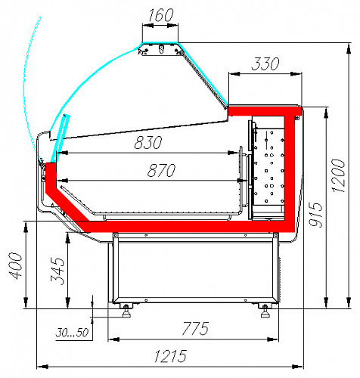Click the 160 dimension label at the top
[161, 15]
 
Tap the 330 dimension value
[265, 64]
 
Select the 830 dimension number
[148, 142]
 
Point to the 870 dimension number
[161, 170]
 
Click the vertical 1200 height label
[338, 176]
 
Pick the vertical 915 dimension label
[315, 215]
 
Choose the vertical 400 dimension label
[16, 265]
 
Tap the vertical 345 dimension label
[57, 271]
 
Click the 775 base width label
[195, 328]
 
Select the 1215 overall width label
[170, 356]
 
